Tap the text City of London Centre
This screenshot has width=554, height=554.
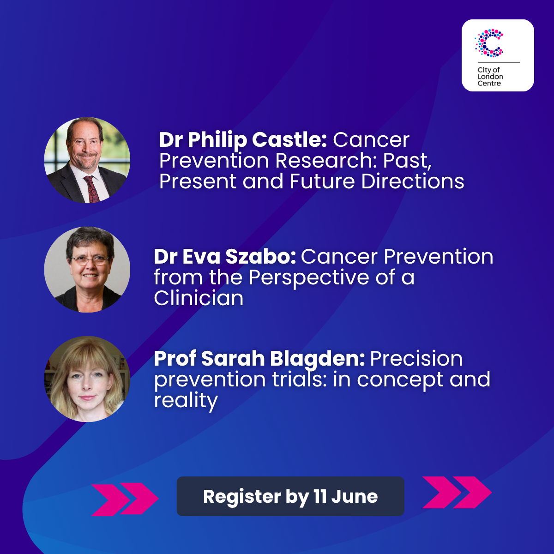coord(490,77)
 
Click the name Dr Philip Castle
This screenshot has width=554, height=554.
coord(243,140)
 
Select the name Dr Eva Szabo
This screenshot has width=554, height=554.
coord(225,256)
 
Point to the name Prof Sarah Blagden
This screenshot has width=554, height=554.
coord(259,359)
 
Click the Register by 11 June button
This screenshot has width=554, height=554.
coord(290,496)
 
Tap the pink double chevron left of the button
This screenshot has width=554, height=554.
coord(125,500)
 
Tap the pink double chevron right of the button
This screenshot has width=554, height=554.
coord(457,492)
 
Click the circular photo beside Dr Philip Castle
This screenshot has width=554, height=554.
coord(87,160)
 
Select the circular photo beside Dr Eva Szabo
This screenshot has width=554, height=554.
coord(87,269)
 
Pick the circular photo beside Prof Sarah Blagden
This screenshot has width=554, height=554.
coord(87,379)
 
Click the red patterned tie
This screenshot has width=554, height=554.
coord(91,189)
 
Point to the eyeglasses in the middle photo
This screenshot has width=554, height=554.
coord(90,260)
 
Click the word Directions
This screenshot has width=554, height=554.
coord(413,181)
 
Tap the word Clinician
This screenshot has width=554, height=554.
coord(199,298)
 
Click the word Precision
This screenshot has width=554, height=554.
coord(416,359)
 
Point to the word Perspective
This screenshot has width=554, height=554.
coord(309,278)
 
